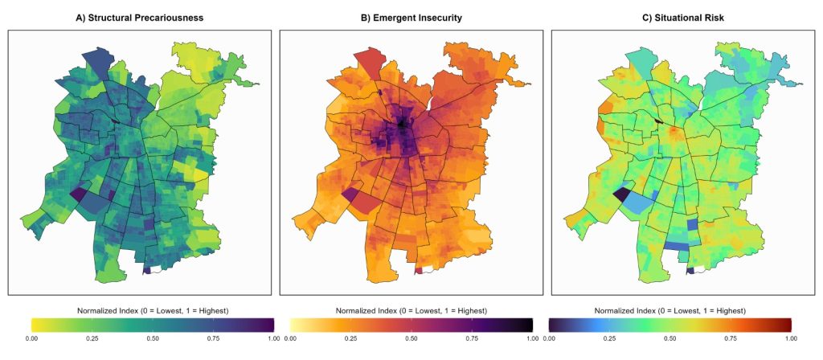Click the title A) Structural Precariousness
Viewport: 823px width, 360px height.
(x=140, y=18)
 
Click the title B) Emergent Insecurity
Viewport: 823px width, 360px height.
(x=411, y=18)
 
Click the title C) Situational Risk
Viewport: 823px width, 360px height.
(x=683, y=18)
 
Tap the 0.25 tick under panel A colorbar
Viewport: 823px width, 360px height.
(x=92, y=338)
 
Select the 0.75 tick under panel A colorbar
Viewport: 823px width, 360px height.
(x=213, y=338)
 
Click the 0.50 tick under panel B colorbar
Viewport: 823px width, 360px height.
(x=411, y=338)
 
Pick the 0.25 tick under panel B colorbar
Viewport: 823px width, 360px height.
(x=350, y=338)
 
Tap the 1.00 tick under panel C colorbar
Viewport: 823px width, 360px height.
(x=791, y=338)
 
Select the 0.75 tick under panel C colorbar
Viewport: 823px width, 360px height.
(x=730, y=338)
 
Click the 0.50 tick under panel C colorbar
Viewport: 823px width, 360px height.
(x=669, y=338)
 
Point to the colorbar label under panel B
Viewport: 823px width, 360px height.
(x=411, y=311)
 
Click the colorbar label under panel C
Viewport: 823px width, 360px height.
(x=669, y=311)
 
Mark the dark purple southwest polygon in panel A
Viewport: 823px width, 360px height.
(x=78, y=195)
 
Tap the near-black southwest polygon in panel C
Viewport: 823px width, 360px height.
(x=622, y=195)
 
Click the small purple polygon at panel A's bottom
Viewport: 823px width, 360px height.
(x=146, y=271)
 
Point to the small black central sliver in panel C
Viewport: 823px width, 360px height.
(x=660, y=122)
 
